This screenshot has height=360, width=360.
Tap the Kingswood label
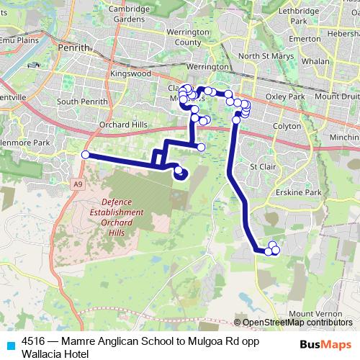tap(131, 73)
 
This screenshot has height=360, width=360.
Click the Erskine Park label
tap(302, 192)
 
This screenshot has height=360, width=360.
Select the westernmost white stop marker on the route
tap(85, 155)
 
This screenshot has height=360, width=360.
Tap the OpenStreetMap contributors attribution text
tap(296, 323)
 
